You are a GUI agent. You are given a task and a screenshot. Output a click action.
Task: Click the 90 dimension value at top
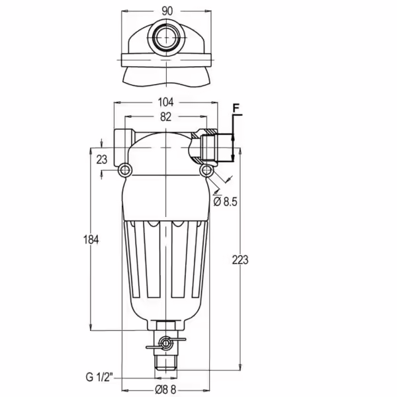(167, 11)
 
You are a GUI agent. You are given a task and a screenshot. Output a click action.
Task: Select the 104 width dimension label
(165, 103)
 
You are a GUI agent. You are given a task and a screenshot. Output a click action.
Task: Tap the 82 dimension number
(165, 116)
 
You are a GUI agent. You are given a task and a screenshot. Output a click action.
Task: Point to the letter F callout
(236, 109)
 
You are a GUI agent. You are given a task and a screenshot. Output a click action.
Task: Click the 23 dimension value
(102, 159)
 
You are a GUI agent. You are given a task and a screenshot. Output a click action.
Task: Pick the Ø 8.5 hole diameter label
(225, 202)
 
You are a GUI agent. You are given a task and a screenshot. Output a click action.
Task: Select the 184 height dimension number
(91, 240)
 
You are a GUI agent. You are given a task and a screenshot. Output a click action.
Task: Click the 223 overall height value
(240, 260)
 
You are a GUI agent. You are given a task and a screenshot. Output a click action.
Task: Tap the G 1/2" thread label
(99, 377)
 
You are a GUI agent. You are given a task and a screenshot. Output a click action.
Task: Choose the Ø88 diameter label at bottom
(165, 390)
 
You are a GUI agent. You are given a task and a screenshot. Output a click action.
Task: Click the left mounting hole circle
(125, 171)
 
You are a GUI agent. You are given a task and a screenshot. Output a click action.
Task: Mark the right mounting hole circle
(206, 170)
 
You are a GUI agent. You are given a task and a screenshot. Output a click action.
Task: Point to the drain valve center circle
(165, 343)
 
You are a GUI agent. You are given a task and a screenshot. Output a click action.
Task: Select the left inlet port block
(124, 148)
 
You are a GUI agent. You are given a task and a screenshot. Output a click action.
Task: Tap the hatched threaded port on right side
(205, 147)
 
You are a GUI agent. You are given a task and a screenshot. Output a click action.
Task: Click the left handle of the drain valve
(153, 347)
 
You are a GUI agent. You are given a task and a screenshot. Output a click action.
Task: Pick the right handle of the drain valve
(179, 339)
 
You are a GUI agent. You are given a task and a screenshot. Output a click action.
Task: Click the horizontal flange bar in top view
(166, 60)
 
